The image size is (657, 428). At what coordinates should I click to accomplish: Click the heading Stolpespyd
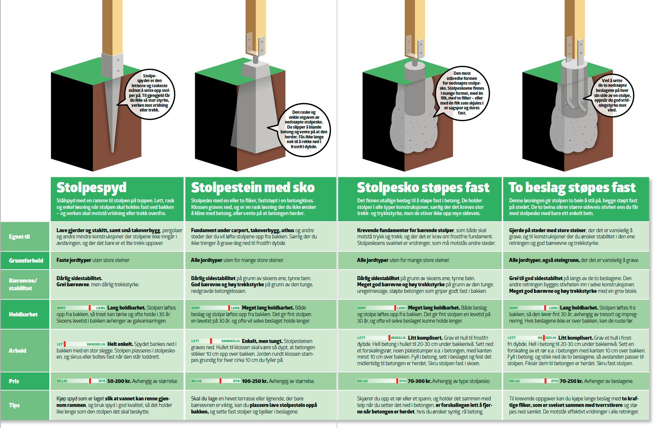[91, 187]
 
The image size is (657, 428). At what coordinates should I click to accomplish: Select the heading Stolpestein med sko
[253, 187]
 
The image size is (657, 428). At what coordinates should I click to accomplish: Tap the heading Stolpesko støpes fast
[423, 187]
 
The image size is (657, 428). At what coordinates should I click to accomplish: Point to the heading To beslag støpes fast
[572, 187]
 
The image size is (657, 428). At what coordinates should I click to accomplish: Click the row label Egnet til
[20, 237]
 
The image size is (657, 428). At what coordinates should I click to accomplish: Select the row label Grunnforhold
[26, 261]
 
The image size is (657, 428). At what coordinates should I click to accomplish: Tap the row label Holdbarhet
[23, 314]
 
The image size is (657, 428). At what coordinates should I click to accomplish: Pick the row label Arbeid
[17, 351]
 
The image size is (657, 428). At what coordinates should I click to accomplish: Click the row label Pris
[14, 381]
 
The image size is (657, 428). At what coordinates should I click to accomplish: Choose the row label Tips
[15, 405]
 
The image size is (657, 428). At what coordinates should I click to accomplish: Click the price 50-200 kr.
[119, 381]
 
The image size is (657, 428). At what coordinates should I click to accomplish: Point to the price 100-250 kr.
[255, 381]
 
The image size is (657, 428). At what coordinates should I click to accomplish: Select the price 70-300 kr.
[420, 381]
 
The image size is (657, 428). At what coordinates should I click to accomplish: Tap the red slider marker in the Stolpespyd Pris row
[90, 381]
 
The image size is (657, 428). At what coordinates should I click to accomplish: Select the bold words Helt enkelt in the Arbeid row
[120, 344]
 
